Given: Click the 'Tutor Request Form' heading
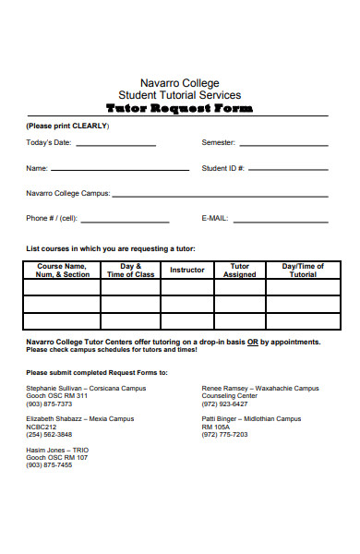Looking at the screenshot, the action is pyautogui.click(x=179, y=108).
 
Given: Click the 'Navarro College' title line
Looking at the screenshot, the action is pyautogui.click(x=179, y=83).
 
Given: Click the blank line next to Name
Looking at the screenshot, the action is pyautogui.click(x=120, y=171).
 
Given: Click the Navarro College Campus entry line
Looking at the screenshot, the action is pyautogui.click(x=222, y=196).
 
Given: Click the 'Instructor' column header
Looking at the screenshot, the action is pyautogui.click(x=187, y=270).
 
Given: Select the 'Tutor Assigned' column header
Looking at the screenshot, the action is pyautogui.click(x=239, y=270).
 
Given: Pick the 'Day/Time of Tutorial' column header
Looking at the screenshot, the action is pyautogui.click(x=303, y=270).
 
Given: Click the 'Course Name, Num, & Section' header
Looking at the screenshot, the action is pyautogui.click(x=62, y=270).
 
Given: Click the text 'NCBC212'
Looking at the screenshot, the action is pyautogui.click(x=41, y=427).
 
